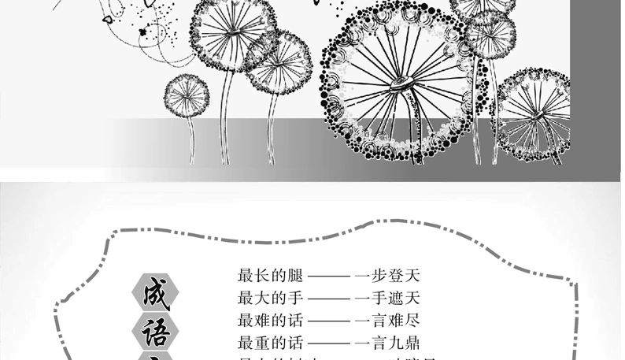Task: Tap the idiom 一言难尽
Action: click(388, 321)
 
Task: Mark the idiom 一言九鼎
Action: click(388, 343)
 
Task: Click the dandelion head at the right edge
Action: click(536, 106)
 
